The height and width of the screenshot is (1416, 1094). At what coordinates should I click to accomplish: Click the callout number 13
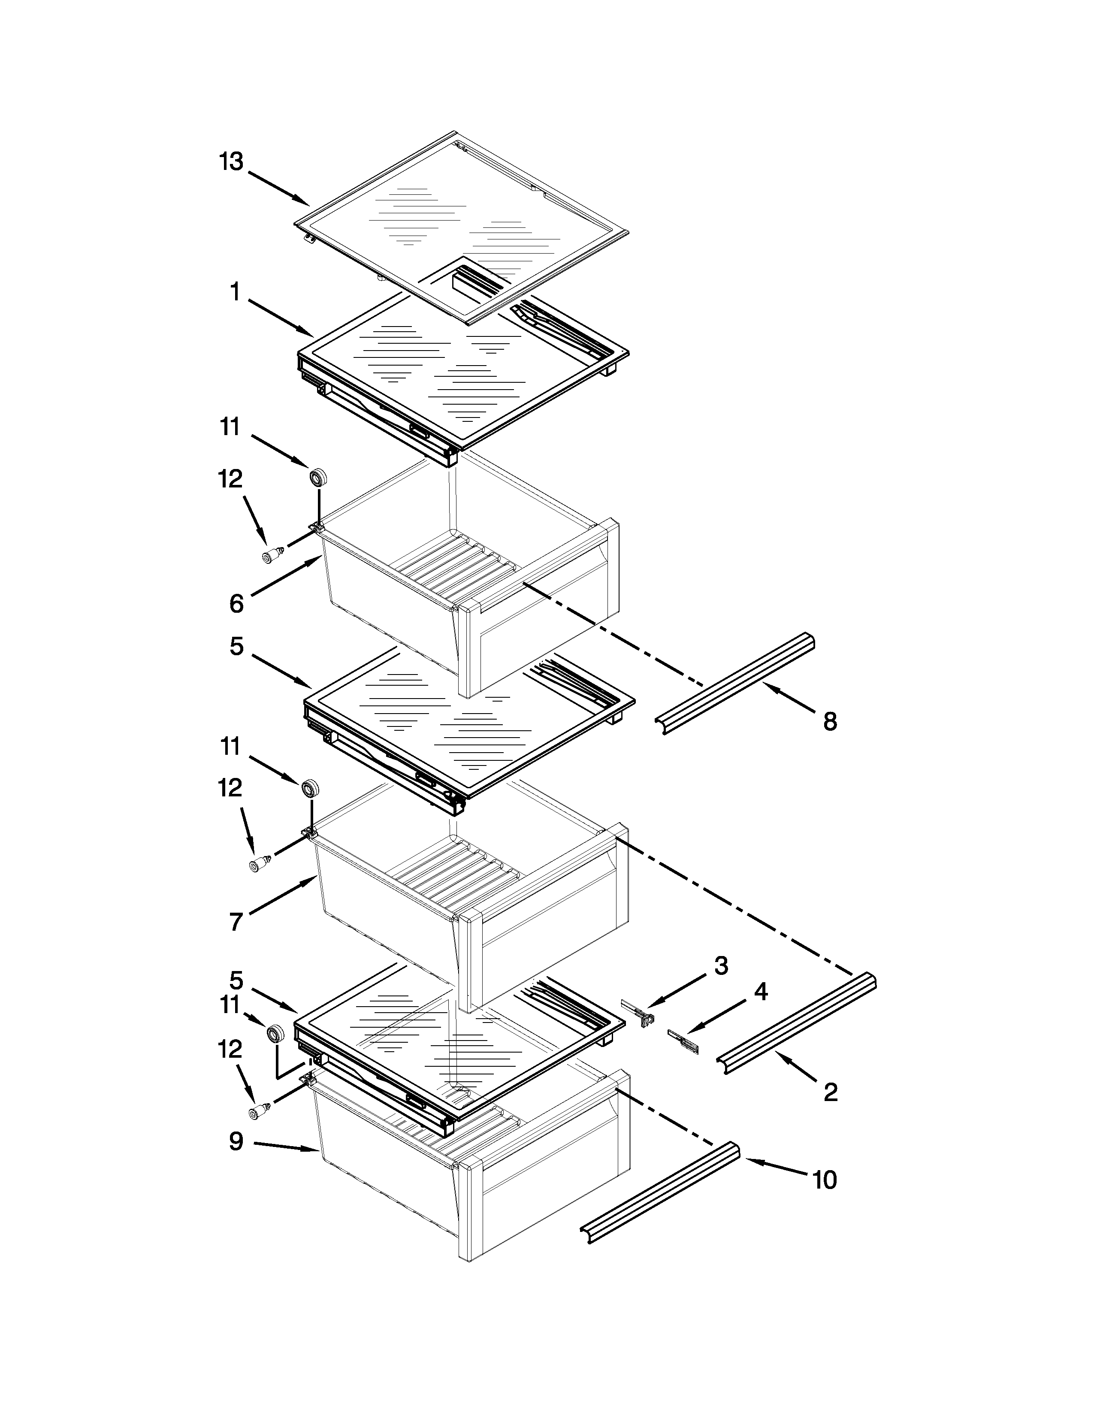(x=231, y=161)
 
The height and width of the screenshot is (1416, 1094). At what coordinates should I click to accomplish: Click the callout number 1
(x=235, y=293)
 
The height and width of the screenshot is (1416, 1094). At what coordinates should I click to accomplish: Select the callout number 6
(x=236, y=604)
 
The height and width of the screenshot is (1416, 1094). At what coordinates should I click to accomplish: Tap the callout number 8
(x=830, y=721)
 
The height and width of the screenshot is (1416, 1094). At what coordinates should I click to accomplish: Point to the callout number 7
(x=236, y=921)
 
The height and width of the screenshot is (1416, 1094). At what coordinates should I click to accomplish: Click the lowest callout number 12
(x=231, y=1049)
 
